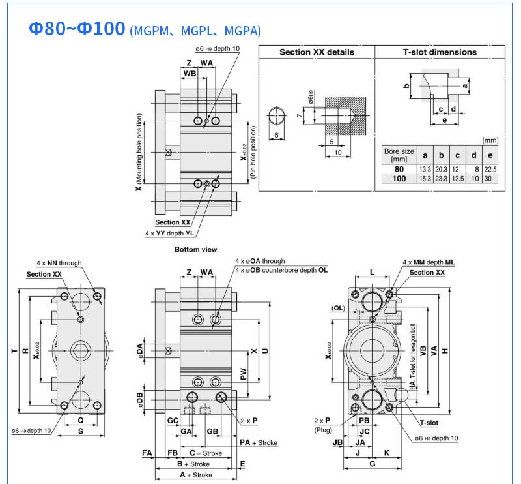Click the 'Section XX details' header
click(317, 52)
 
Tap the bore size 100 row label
click(399, 178)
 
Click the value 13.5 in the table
click(457, 178)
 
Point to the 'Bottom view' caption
click(195, 249)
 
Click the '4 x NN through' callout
click(59, 263)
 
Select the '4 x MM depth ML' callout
click(429, 262)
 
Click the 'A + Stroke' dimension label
click(195, 475)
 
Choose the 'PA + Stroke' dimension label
click(258, 442)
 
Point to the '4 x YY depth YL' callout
click(169, 232)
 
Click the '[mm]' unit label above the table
click(490, 140)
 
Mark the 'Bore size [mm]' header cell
click(399, 155)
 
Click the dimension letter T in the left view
click(14, 352)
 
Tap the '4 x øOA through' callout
click(260, 261)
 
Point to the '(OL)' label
click(338, 308)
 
